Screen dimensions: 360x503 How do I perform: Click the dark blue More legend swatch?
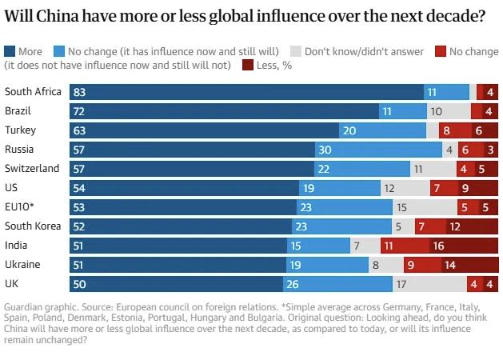[10, 52]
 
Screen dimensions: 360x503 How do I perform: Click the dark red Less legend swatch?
[248, 65]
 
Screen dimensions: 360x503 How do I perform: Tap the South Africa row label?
[33, 92]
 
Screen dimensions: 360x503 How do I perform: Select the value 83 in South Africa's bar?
[79, 92]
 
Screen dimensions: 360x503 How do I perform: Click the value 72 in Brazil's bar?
[79, 111]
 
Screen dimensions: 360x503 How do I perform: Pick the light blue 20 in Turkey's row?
[349, 130]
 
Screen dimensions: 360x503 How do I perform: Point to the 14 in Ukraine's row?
[449, 264]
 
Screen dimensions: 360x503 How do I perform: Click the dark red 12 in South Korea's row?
[453, 226]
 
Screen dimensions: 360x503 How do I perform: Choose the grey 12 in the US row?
[389, 188]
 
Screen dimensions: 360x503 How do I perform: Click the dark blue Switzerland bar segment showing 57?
[192, 169]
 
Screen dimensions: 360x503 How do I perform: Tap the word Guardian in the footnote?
[24, 308]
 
